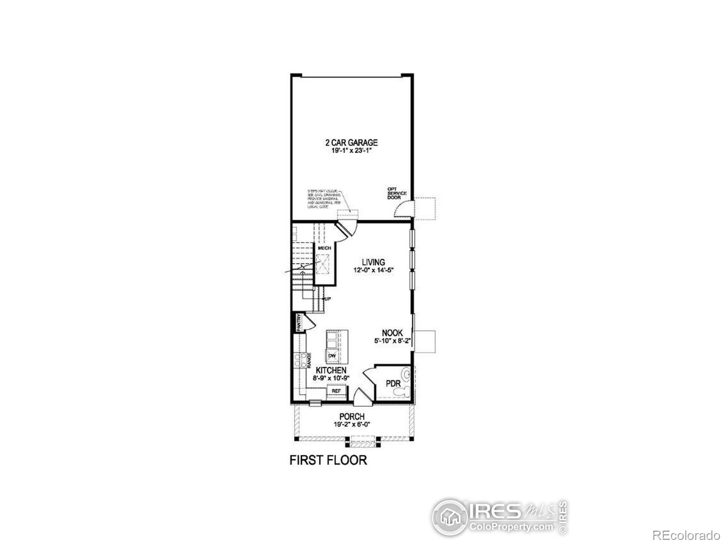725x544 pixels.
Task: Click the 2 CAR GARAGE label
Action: tap(351, 143)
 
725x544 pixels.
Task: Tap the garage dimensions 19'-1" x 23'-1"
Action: tap(351, 151)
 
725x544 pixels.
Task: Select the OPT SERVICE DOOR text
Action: tap(396, 193)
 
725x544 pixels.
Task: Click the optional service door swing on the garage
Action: tap(402, 210)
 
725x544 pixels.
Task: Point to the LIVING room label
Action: tap(373, 262)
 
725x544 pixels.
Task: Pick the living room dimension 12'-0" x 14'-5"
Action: tap(373, 270)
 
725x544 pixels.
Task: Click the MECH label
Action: tap(324, 248)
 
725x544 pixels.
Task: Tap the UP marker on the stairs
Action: tap(327, 299)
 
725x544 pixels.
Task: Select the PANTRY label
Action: tap(299, 323)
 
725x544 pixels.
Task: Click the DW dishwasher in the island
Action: tap(332, 356)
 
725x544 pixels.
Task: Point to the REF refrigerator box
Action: tap(336, 391)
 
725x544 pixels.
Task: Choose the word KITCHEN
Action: tap(331, 370)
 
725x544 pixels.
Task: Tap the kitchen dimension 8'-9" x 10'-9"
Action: tap(331, 378)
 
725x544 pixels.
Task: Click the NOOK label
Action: tap(392, 333)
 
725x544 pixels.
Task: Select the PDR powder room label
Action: tap(393, 384)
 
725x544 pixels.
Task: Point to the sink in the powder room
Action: tap(407, 374)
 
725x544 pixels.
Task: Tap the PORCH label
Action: tap(352, 417)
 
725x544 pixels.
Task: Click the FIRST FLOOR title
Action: tap(328, 460)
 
